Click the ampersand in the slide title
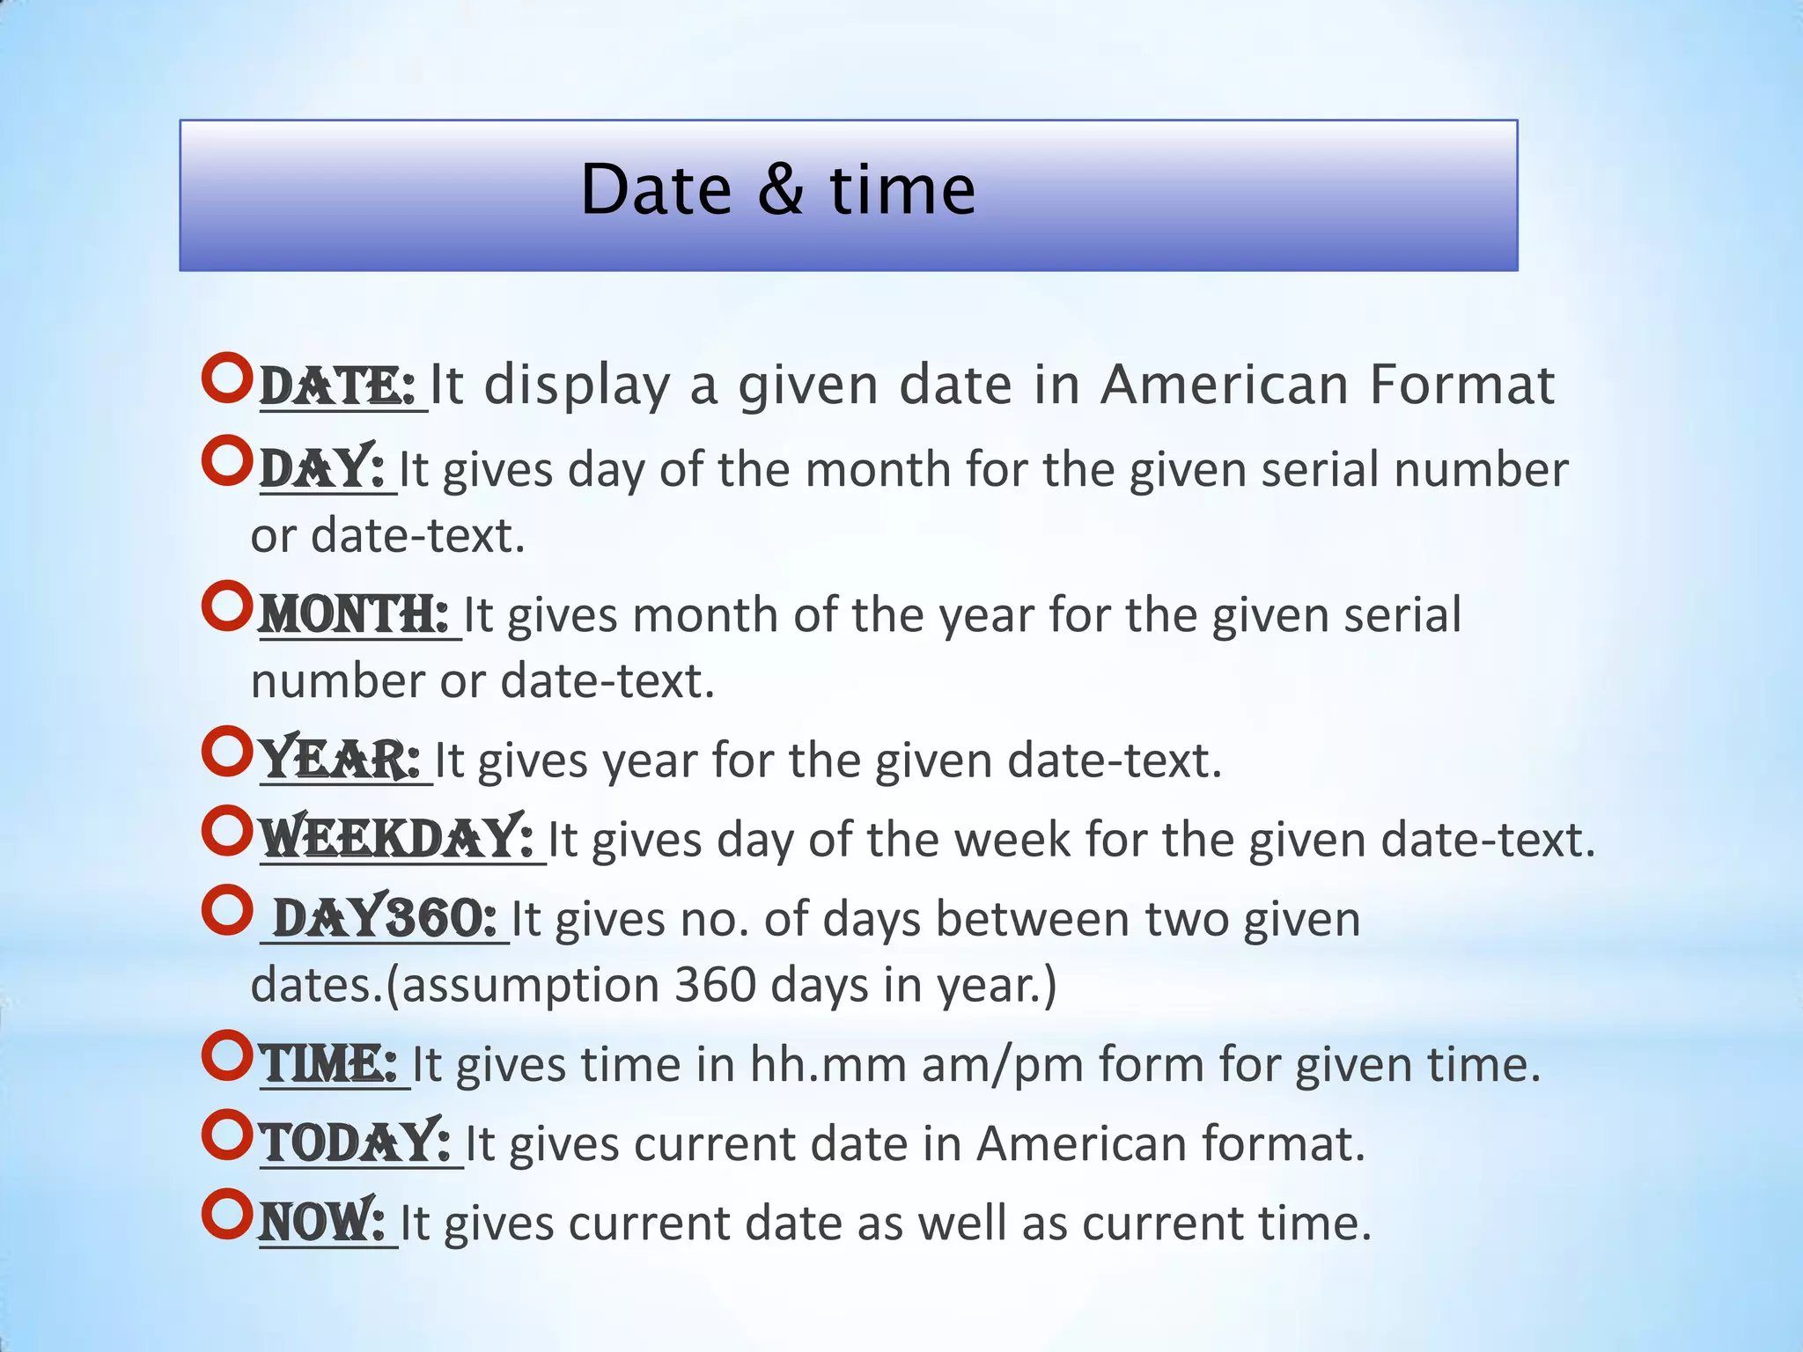(x=780, y=190)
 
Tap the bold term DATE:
(x=337, y=386)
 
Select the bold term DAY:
(x=322, y=469)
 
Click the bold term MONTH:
(x=354, y=614)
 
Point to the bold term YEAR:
(x=340, y=760)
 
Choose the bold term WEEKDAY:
(x=397, y=839)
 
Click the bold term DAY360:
(x=386, y=919)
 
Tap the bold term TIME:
(x=329, y=1064)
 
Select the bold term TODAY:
(x=357, y=1143)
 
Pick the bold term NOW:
(x=322, y=1223)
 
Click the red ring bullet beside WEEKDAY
(x=227, y=831)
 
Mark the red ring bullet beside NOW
(x=227, y=1215)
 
